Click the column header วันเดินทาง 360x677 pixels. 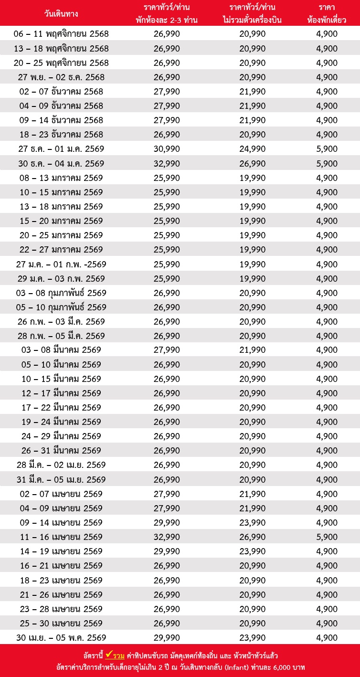(x=61, y=13)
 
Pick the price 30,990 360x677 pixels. (x=167, y=149)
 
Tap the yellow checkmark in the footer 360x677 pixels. (x=109, y=655)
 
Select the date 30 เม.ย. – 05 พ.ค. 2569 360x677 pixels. (x=61, y=638)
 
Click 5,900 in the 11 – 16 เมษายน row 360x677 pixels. (x=327, y=537)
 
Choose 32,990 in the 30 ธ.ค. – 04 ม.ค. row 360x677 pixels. (x=167, y=163)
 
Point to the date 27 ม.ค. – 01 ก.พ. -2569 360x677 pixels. (x=61, y=264)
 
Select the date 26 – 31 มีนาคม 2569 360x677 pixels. (x=61, y=451)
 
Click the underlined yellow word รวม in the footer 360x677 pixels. (x=118, y=656)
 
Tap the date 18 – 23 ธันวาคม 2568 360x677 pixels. (x=61, y=135)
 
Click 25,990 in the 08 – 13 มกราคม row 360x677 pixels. (x=167, y=178)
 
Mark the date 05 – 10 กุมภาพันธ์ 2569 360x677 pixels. (x=61, y=307)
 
